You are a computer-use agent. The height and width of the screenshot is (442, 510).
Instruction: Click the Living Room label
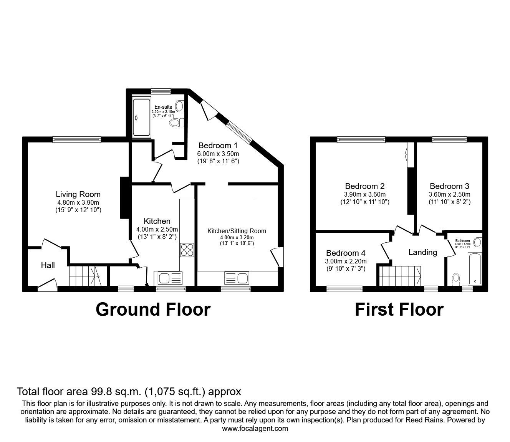coord(78,194)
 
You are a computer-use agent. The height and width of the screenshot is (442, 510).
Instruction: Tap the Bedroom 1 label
coord(218,146)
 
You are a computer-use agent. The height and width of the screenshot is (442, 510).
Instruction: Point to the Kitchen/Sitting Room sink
coord(237,278)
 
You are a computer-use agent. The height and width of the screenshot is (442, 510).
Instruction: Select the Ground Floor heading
coord(153,310)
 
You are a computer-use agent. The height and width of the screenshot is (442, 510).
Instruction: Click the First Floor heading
coord(399,310)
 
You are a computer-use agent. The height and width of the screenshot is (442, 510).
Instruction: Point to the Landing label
coord(422,252)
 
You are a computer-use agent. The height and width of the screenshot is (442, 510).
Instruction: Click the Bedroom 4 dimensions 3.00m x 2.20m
coord(346,261)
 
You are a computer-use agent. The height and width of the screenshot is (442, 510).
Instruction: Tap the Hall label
coord(48,265)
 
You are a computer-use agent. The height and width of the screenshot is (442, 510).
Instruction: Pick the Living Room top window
coord(77,140)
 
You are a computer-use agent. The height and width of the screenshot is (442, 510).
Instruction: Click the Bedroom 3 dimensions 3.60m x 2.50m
coord(449,194)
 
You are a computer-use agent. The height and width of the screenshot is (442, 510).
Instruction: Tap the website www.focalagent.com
coord(255,429)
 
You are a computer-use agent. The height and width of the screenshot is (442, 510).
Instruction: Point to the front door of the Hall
coord(47,285)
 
